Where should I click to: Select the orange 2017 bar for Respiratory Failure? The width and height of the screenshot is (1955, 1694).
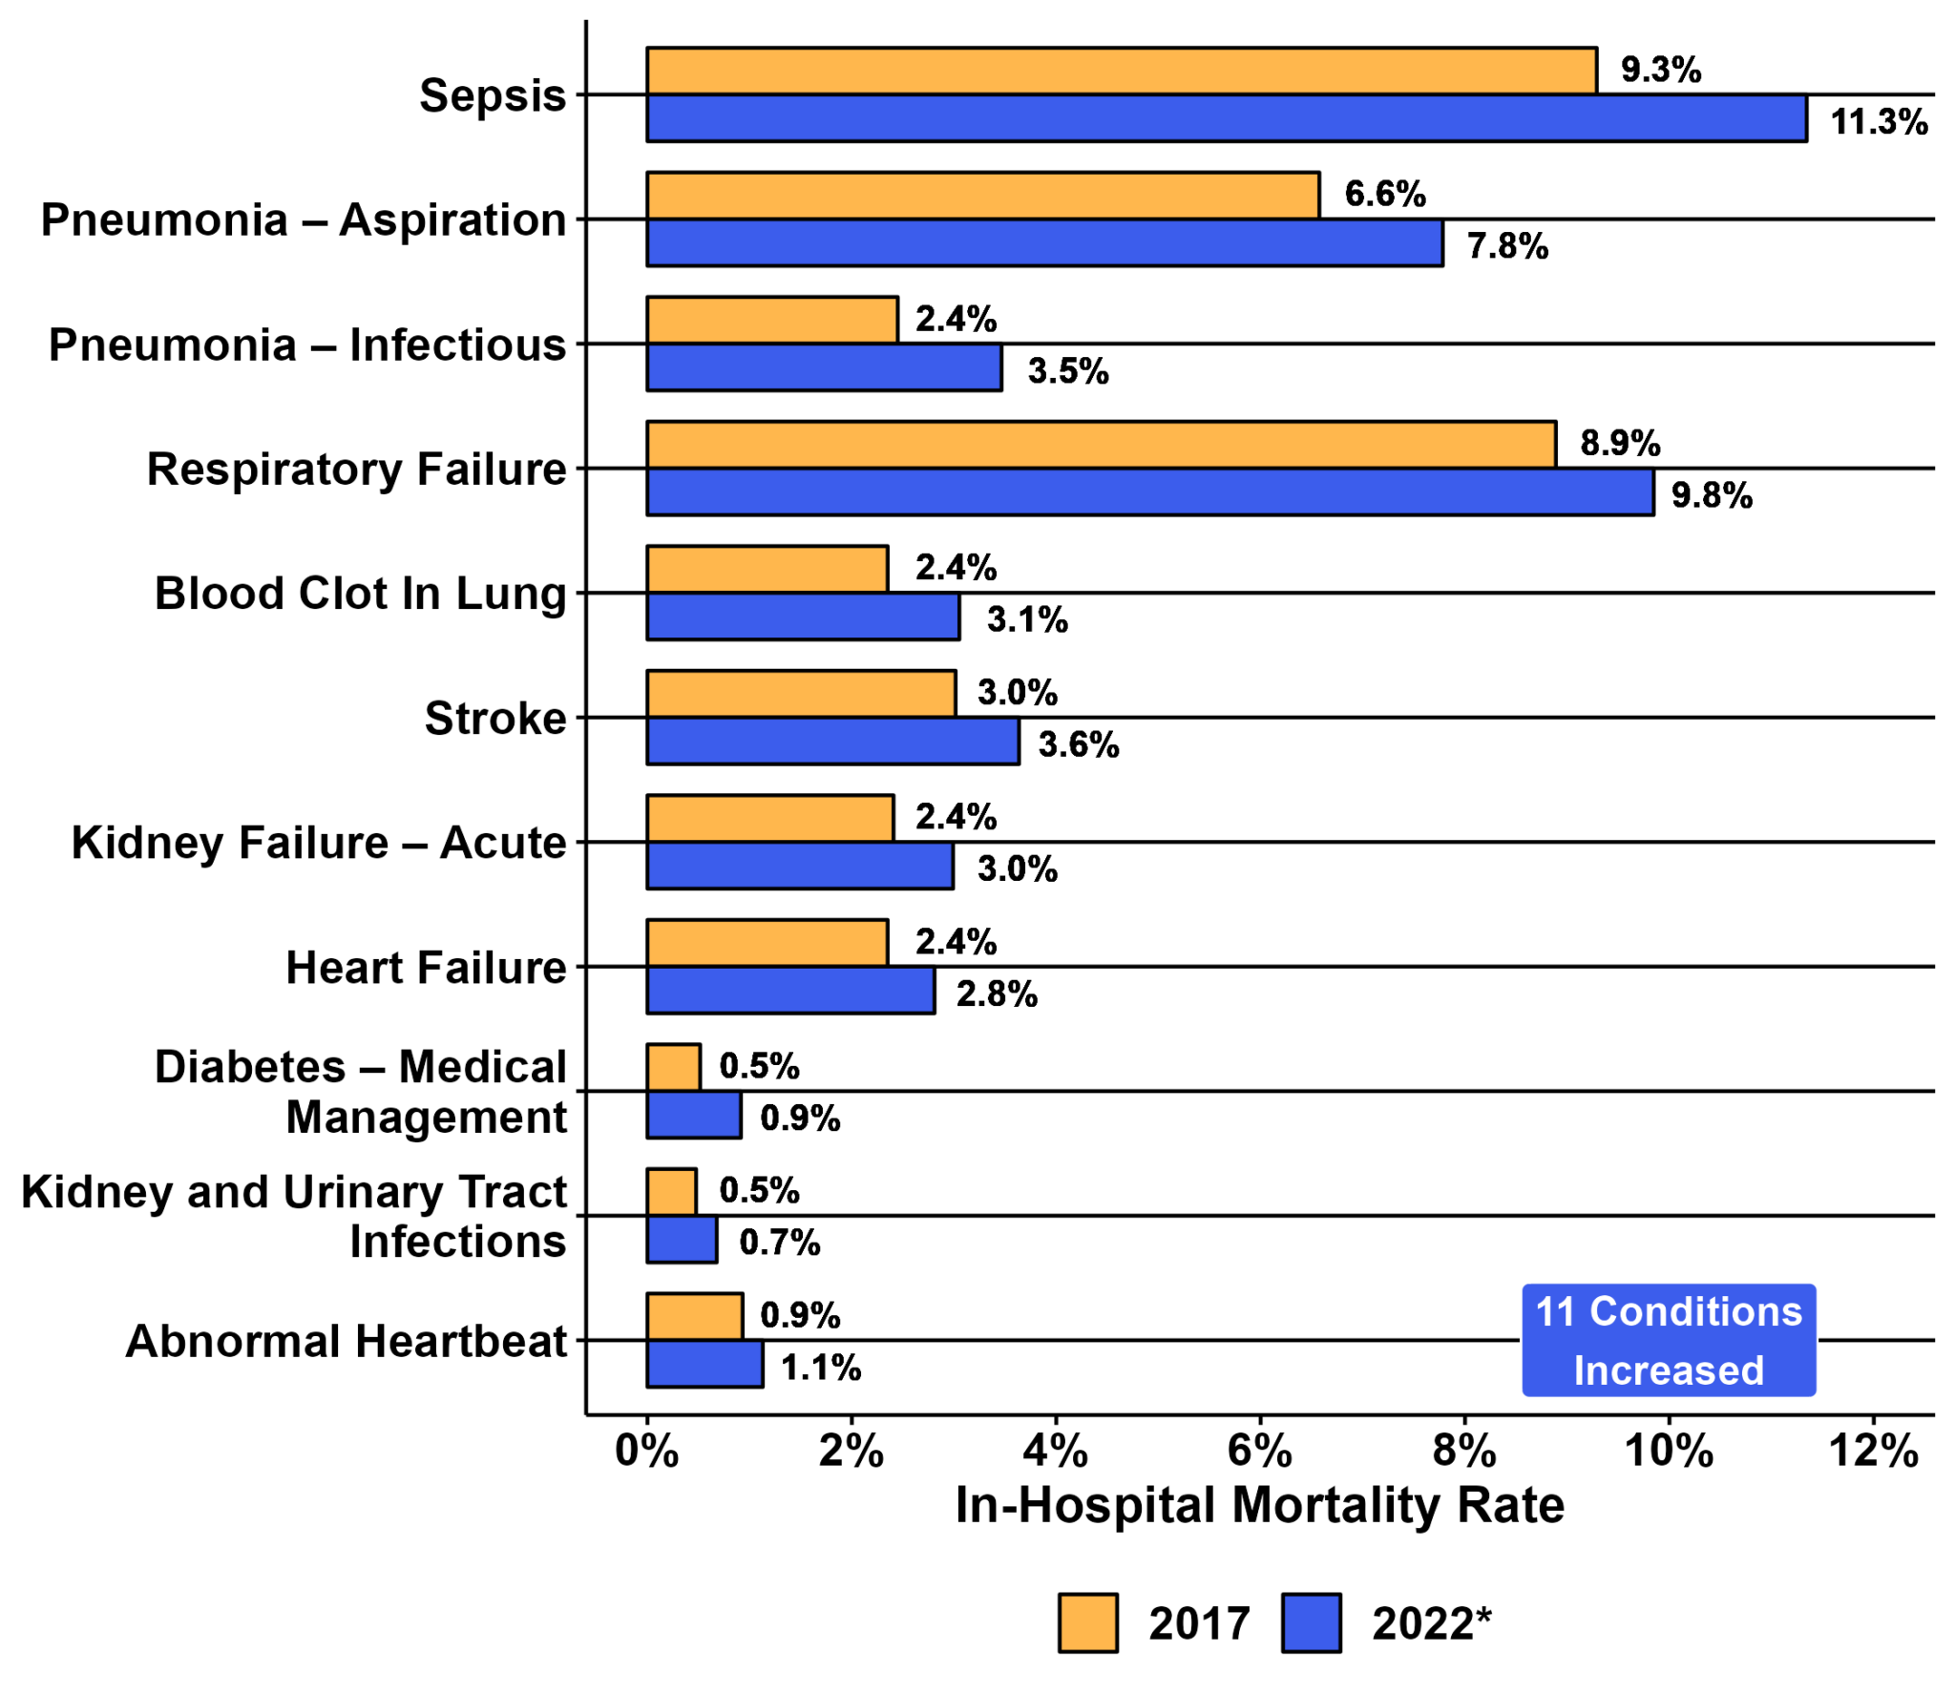1100,445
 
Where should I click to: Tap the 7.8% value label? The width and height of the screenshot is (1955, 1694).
1506,246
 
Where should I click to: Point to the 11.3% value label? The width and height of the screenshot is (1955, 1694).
1878,122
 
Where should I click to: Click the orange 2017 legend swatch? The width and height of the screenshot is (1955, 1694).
1087,1621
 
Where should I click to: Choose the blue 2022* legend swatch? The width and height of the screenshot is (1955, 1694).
1311,1621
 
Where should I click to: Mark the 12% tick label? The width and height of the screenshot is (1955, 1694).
1872,1452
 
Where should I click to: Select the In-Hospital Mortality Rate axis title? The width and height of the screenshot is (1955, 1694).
1259,1506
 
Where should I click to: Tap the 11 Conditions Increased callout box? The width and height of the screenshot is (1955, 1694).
1668,1340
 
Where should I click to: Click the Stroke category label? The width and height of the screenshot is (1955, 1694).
494,718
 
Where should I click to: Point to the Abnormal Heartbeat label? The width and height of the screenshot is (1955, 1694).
346,1341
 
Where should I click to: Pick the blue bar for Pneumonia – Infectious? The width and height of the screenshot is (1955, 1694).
823,367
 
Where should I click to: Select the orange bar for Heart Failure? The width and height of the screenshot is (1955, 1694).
767,942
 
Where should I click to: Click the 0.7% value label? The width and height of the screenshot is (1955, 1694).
779,1243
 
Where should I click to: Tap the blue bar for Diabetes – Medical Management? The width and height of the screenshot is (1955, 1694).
693,1115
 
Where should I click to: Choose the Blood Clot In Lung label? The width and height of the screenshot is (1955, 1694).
360,594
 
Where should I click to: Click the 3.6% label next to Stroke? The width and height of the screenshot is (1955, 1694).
1078,744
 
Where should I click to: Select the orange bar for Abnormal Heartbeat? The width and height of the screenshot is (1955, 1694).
694,1316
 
